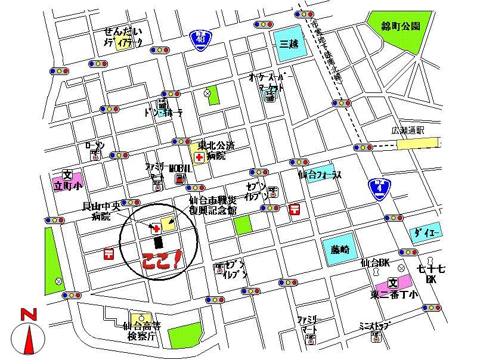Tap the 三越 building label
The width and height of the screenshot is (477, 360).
[290, 43]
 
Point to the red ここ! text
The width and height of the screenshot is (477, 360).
[162, 261]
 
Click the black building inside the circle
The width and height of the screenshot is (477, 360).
[158, 242]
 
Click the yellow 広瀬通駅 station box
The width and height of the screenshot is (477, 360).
[417, 143]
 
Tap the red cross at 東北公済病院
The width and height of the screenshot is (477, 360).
[199, 157]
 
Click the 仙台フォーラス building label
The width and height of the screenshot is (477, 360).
[320, 175]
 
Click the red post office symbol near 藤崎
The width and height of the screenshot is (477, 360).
[294, 209]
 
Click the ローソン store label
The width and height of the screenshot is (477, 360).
[95, 145]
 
